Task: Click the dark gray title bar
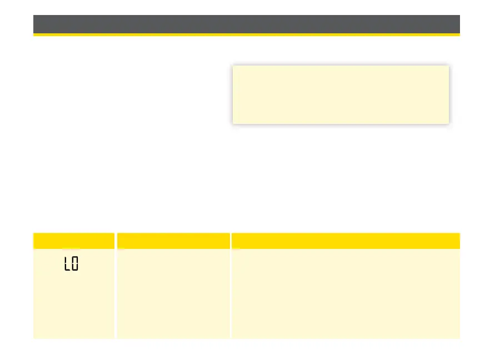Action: (247, 24)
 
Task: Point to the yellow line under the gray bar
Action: (247, 35)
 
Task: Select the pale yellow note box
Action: (340, 94)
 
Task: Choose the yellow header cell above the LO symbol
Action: (74, 241)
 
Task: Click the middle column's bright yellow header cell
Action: (173, 241)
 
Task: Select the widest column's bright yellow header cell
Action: (346, 241)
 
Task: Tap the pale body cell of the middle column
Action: (173, 293)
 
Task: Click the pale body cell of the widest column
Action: (346, 293)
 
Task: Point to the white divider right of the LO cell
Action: (116, 293)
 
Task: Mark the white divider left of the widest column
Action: (231, 293)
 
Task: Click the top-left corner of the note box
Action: (233, 67)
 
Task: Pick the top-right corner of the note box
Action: (448, 67)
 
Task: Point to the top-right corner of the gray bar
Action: (459, 16)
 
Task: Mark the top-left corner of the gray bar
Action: (34, 16)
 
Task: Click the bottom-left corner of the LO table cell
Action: (34, 338)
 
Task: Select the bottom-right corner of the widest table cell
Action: (459, 338)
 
